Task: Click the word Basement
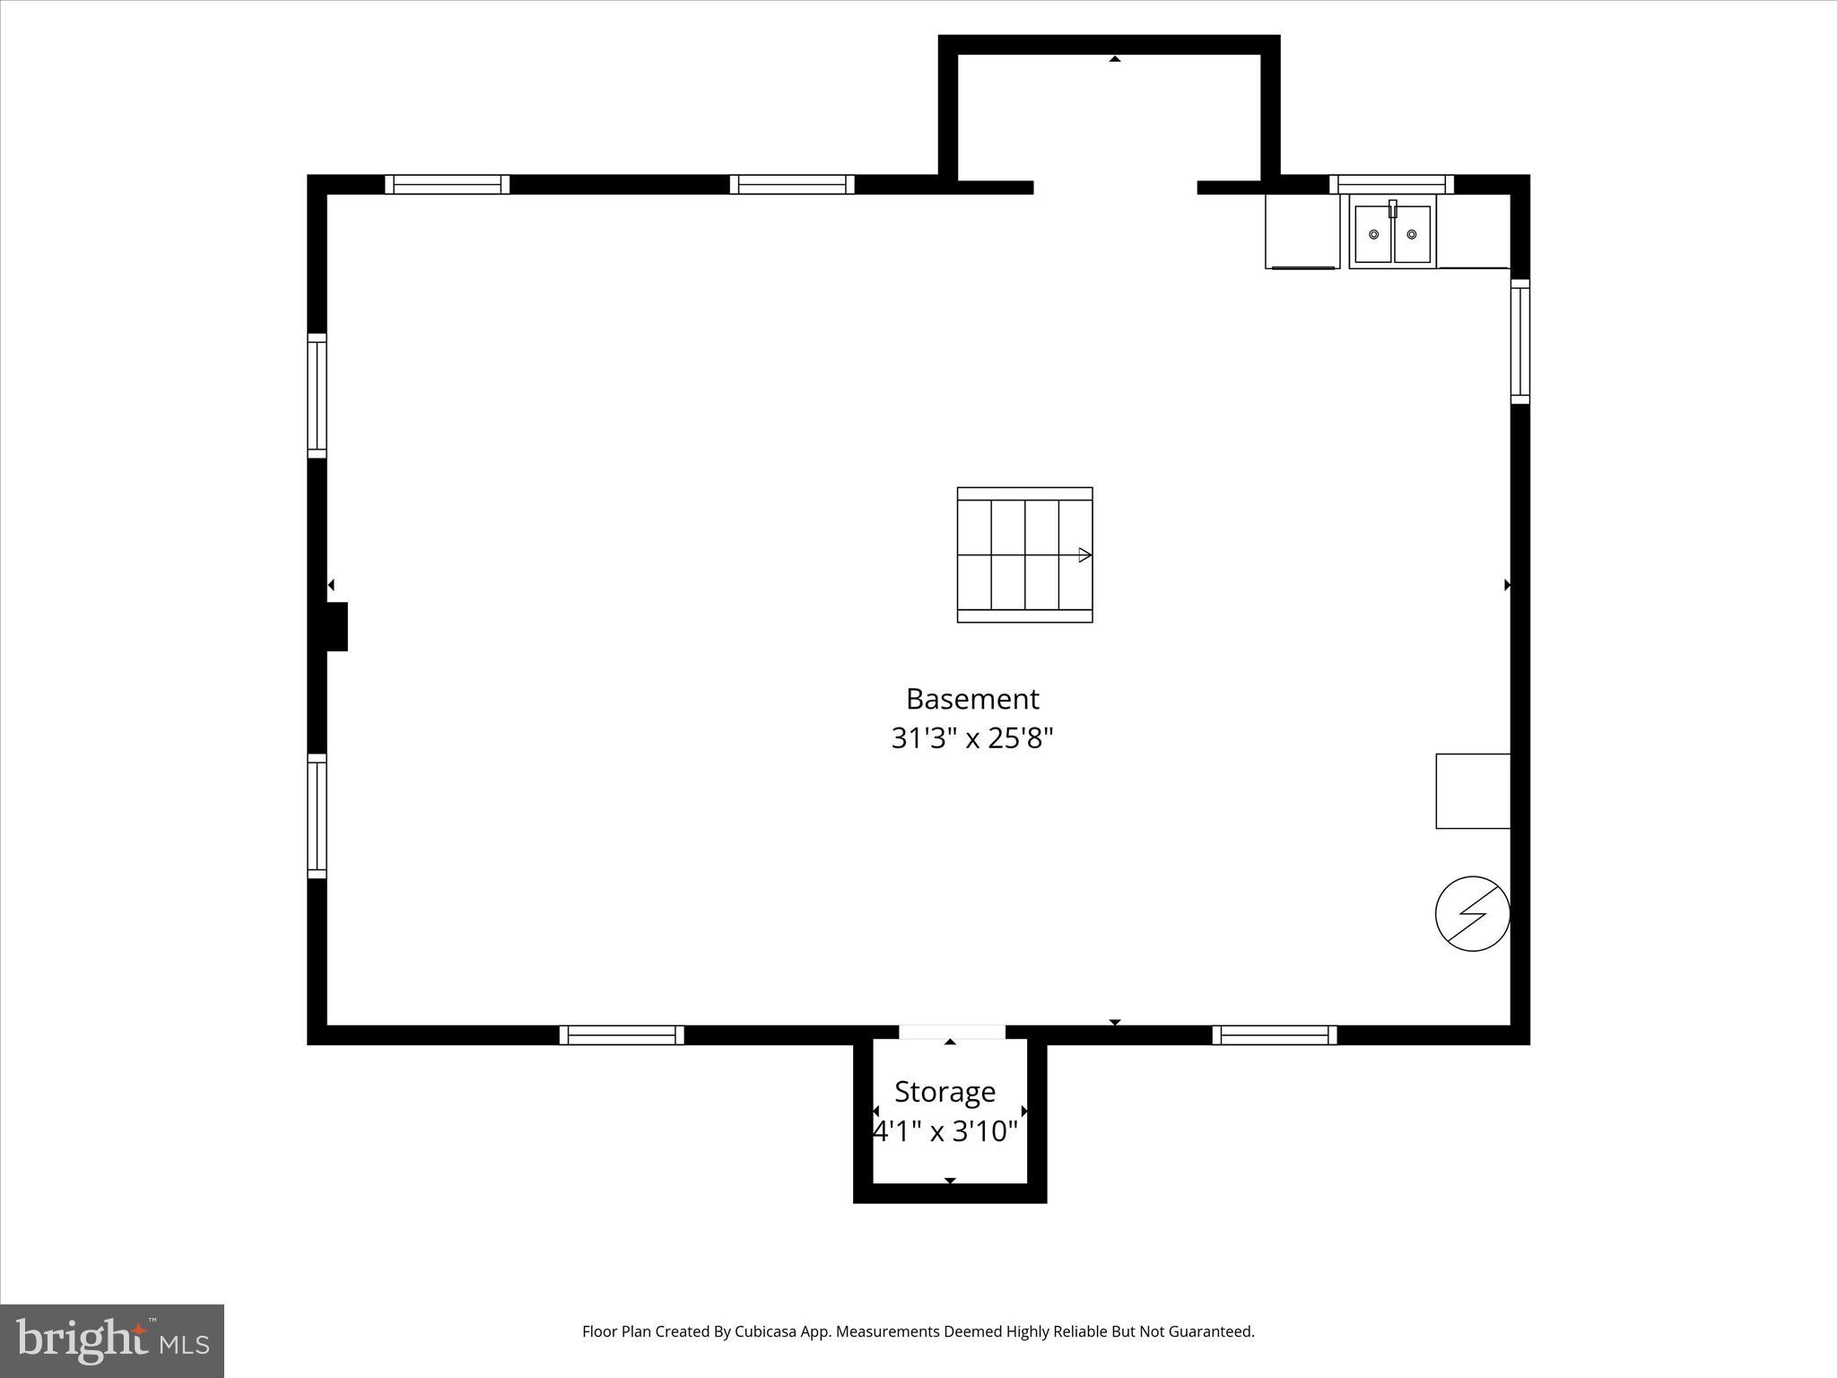(972, 699)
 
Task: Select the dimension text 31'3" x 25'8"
(972, 738)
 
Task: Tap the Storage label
(945, 1092)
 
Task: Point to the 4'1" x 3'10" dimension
(946, 1132)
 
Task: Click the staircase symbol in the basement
(1024, 554)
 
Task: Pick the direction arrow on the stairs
(1084, 555)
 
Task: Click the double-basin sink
(1392, 234)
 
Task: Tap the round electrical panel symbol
(1472, 913)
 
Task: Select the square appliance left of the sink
(1302, 231)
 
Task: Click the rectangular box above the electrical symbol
(1473, 790)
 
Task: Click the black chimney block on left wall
(336, 626)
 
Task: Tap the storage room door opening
(952, 1032)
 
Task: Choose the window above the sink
(1391, 184)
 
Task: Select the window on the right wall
(1519, 341)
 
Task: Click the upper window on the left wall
(317, 396)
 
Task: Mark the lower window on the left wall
(317, 815)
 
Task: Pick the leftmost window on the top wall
(447, 184)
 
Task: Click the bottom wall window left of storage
(622, 1034)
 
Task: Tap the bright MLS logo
(112, 1340)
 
